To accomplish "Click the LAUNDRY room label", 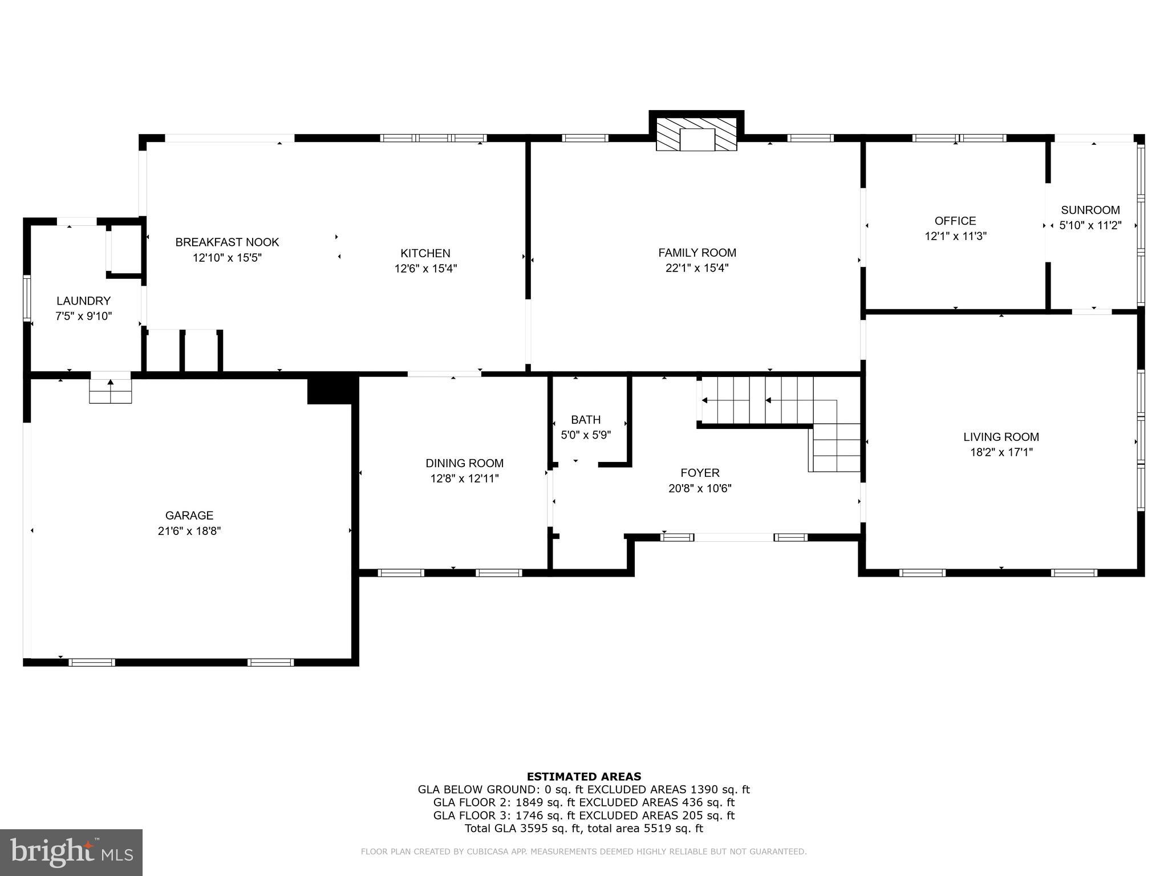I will pos(83,301).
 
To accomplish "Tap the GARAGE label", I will pos(189,515).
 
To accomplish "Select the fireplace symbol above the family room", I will pos(696,135).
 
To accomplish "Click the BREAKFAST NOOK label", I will pos(227,242).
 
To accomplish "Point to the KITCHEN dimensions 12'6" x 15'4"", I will pos(425,268).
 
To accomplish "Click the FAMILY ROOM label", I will pos(697,252).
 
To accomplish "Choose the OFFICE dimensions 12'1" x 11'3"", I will pos(955,236).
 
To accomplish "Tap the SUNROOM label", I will pos(1090,209).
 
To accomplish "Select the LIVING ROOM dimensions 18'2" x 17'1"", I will pos(1001,452).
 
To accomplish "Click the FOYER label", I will pos(700,473).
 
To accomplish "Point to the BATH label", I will pos(586,420).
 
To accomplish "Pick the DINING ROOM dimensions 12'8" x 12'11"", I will pos(464,478).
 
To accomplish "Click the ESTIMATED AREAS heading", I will pos(583,776).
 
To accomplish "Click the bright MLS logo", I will pos(71,853).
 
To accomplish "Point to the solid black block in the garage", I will pos(330,391).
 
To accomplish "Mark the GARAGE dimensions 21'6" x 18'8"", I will pos(189,531).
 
